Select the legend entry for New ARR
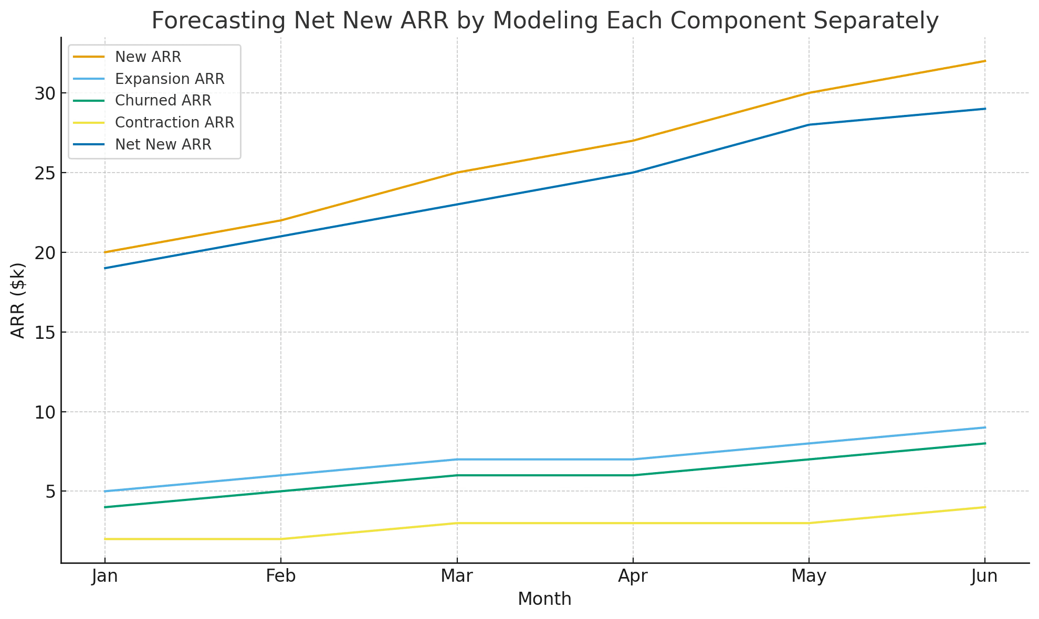148,57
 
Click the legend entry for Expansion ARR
170,79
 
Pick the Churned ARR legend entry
163,100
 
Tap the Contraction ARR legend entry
174,122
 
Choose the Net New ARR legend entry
163,144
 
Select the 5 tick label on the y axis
50,492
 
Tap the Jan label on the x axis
104,577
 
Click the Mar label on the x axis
457,577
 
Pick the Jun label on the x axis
984,577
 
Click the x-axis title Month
544,599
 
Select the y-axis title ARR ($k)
18,300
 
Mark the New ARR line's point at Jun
984,61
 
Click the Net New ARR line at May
809,125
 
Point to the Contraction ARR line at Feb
281,539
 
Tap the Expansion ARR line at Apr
633,459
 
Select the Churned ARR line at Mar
457,475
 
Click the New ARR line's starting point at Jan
105,252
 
